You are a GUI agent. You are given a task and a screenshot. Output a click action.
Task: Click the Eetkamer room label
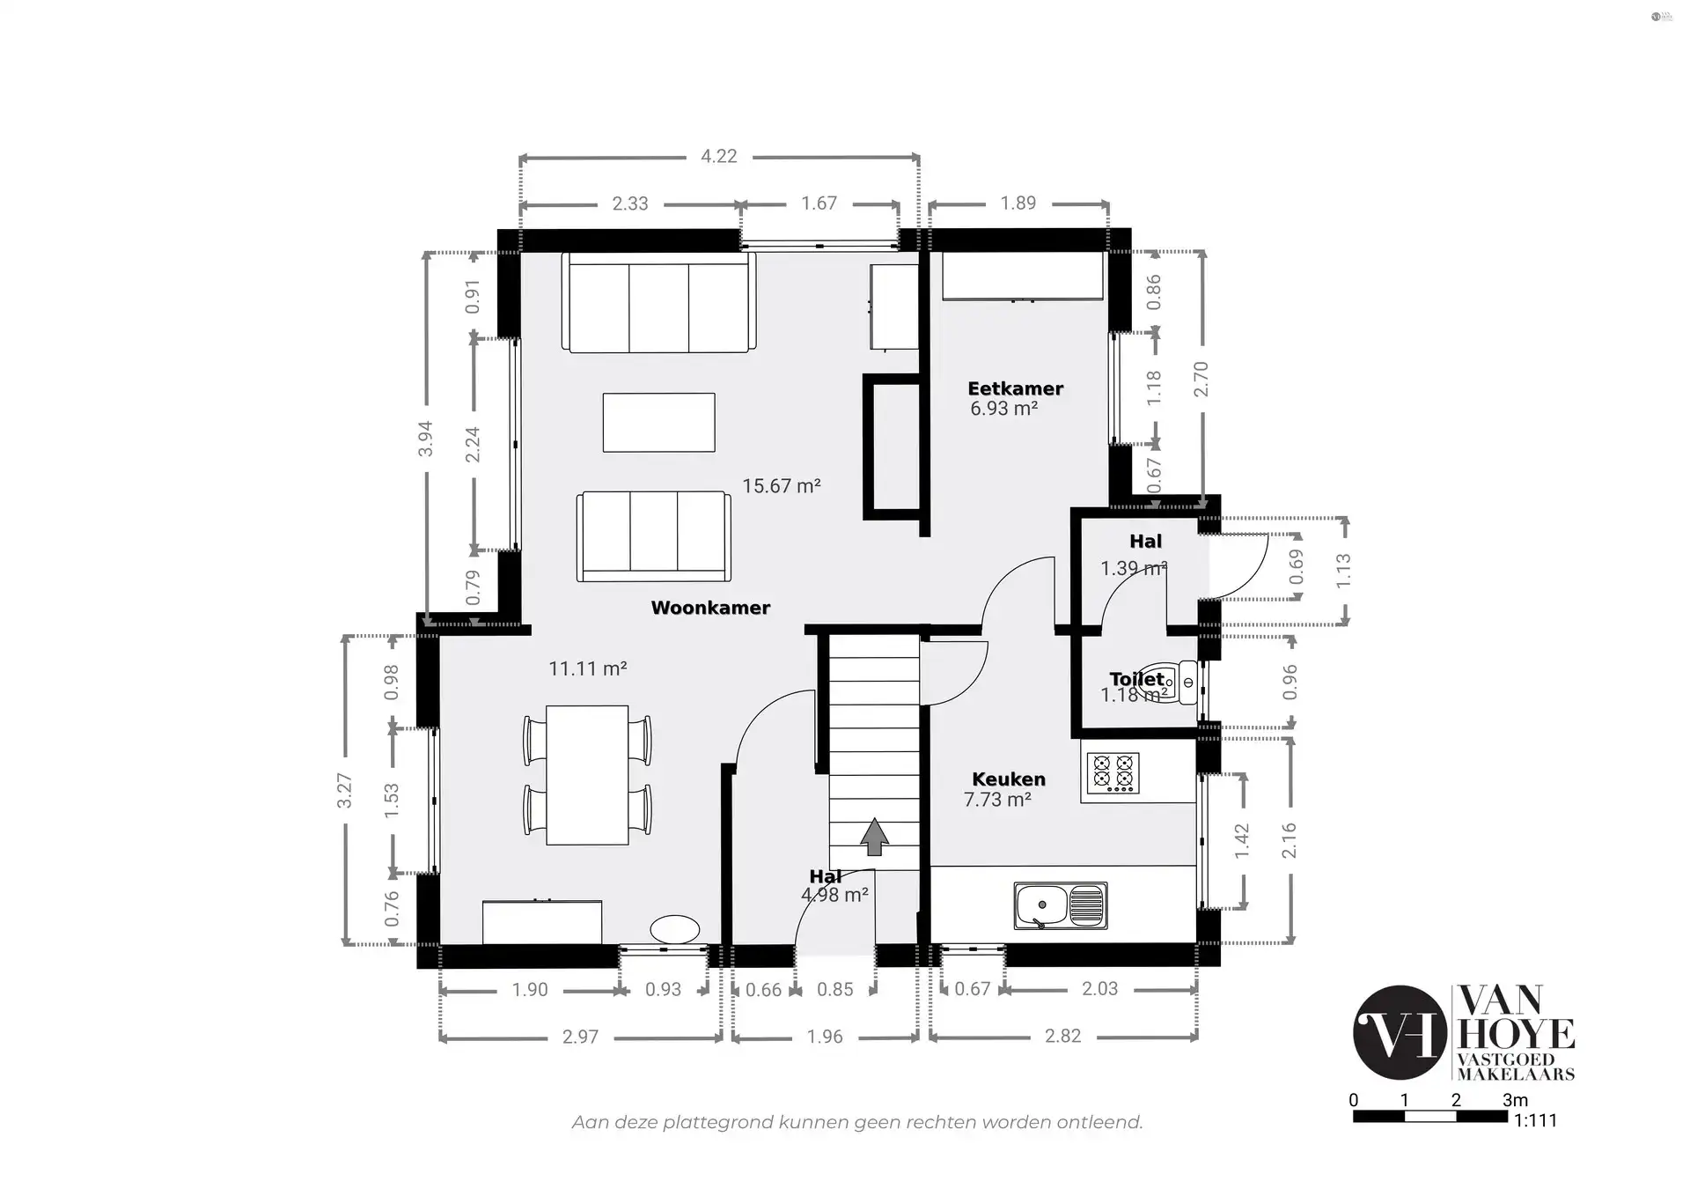point(1015,388)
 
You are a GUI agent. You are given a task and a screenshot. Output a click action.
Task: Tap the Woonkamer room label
point(710,608)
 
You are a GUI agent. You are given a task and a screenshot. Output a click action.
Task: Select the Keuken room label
point(1009,779)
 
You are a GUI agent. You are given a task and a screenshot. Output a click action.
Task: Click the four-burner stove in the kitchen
point(1113,774)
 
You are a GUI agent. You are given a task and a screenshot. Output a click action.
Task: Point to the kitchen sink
point(1060,905)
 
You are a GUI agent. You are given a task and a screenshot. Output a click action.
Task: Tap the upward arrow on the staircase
point(873,837)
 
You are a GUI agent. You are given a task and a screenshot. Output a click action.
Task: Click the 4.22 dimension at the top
point(718,156)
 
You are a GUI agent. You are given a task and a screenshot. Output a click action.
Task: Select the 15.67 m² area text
point(781,486)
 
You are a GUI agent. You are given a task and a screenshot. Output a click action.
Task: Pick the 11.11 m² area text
point(587,668)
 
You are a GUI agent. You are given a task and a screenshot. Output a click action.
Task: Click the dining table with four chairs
point(587,775)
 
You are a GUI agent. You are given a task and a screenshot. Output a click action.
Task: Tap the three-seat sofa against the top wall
point(658,303)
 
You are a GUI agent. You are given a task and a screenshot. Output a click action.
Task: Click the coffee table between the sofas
point(658,423)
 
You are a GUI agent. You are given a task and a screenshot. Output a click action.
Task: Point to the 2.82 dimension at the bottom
point(1062,1037)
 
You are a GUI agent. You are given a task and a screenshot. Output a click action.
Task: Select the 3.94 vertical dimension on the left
point(425,439)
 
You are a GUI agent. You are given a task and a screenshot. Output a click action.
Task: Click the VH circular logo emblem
point(1400,1032)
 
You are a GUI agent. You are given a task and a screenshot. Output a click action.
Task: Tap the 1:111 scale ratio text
point(1535,1120)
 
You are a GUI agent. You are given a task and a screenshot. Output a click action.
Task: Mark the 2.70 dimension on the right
point(1201,380)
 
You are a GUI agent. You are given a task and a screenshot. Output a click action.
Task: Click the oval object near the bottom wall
point(675,929)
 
